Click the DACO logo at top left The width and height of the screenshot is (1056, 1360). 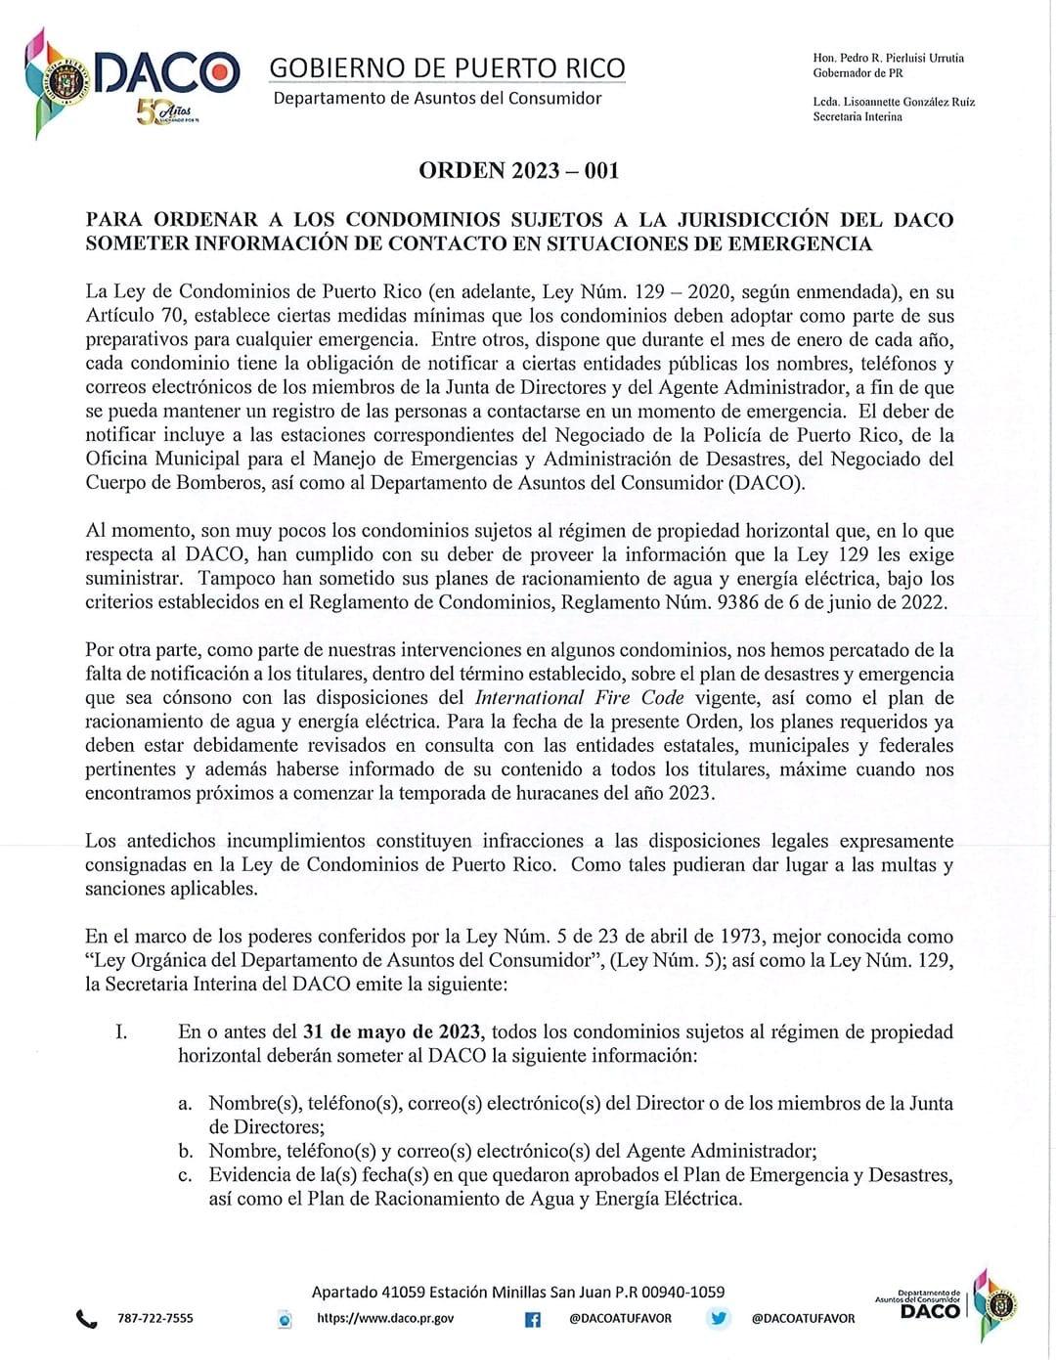tap(132, 78)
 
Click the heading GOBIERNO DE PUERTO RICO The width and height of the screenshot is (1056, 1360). tap(447, 67)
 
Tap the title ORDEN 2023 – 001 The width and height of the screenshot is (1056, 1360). tap(518, 170)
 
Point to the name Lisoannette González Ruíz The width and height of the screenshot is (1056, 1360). tap(908, 102)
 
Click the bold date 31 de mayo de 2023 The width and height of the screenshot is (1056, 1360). tap(391, 1031)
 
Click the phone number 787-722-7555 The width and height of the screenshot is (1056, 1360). tap(155, 1318)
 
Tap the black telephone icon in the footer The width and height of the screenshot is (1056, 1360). tap(87, 1319)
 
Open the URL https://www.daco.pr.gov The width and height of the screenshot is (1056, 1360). tap(385, 1318)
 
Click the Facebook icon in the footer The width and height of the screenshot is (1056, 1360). tap(533, 1319)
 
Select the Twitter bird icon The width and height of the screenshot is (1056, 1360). tap(719, 1318)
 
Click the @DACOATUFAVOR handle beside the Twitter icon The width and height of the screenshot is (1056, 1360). tap(803, 1318)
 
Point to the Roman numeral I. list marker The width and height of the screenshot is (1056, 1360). tap(121, 1031)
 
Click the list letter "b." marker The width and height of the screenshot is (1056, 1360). tap(185, 1151)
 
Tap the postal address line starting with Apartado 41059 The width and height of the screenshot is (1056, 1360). tap(518, 1292)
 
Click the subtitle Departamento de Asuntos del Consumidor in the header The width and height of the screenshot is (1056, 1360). tap(437, 98)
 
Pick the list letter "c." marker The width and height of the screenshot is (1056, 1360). tap(185, 1174)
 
